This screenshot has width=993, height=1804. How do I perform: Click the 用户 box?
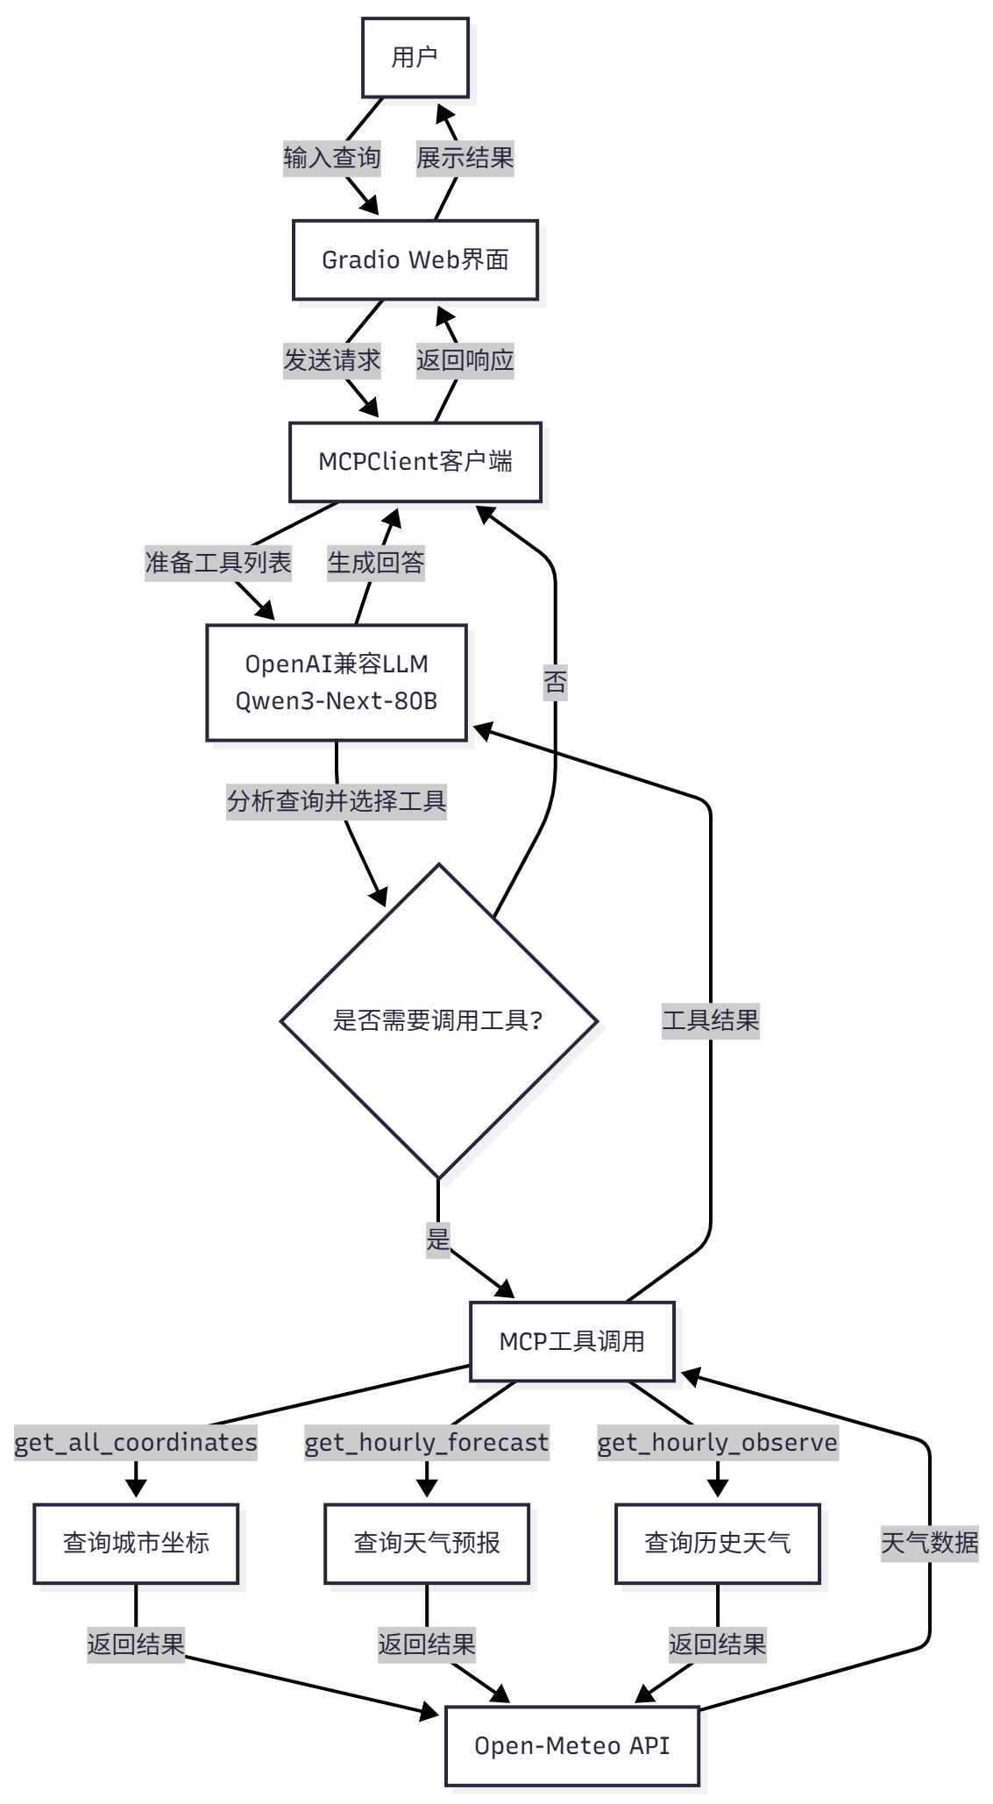(x=415, y=58)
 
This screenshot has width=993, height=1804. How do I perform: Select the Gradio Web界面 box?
(x=415, y=260)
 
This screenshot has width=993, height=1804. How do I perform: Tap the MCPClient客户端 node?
(x=415, y=462)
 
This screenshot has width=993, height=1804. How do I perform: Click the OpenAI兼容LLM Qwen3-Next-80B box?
(x=337, y=683)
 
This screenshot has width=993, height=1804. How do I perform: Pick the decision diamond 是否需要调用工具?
(x=438, y=1021)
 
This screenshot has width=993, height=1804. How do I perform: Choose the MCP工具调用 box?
(x=572, y=1341)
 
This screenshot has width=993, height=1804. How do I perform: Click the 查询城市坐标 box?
(x=136, y=1544)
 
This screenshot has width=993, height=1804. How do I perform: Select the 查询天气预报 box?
(x=427, y=1544)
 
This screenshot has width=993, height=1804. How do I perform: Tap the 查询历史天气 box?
(x=718, y=1544)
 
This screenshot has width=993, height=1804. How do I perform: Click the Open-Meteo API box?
(x=572, y=1745)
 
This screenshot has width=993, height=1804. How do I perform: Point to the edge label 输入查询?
(x=332, y=159)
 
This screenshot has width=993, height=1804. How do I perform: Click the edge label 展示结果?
(x=465, y=159)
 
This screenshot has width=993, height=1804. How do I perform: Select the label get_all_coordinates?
(x=136, y=1443)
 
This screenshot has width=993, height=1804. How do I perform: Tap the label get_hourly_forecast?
(x=427, y=1443)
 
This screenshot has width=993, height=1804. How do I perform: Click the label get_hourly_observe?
(x=718, y=1443)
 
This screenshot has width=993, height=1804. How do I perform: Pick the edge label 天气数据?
(x=929, y=1544)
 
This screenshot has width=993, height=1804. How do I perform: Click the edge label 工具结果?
(x=711, y=1021)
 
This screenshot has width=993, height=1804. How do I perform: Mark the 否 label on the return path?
(x=556, y=682)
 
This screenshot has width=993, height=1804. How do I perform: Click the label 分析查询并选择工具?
(x=337, y=801)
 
